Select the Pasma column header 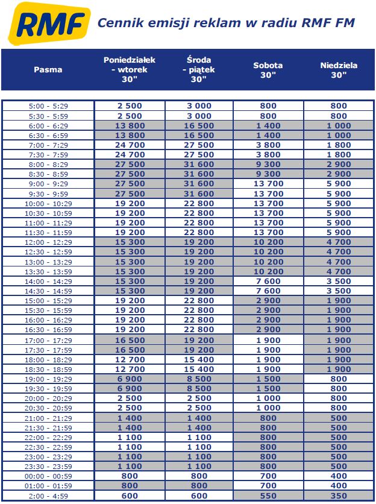tap(48, 69)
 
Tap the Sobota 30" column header tap(268, 70)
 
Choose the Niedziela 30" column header tap(339, 70)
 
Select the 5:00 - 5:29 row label tap(49, 106)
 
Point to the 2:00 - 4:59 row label tap(49, 496)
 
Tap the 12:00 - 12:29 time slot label tap(49, 242)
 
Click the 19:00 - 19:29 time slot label tap(49, 379)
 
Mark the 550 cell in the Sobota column tap(268, 496)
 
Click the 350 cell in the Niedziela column tap(339, 496)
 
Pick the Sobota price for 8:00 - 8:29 tap(268, 165)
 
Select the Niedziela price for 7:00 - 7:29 tap(339, 145)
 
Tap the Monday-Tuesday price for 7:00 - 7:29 tap(130, 145)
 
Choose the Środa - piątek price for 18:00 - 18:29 tap(198, 359)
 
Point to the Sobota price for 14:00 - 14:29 tap(268, 282)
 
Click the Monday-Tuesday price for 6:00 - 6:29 tap(130, 126)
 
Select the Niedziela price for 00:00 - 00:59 tap(339, 476)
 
